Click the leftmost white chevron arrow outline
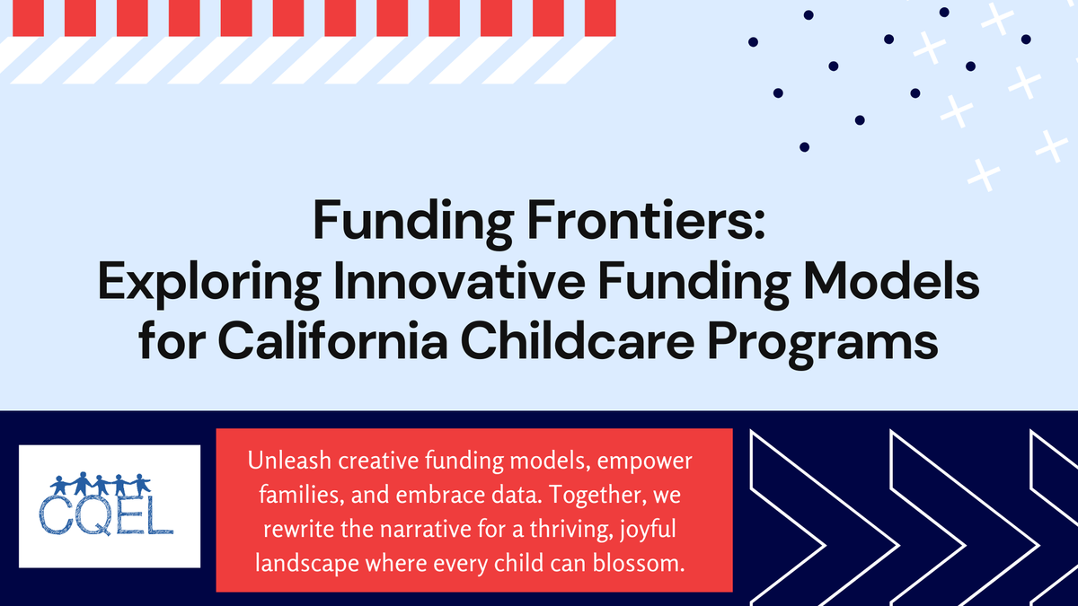pos(786,516)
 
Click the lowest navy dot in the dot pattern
pos(805,146)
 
